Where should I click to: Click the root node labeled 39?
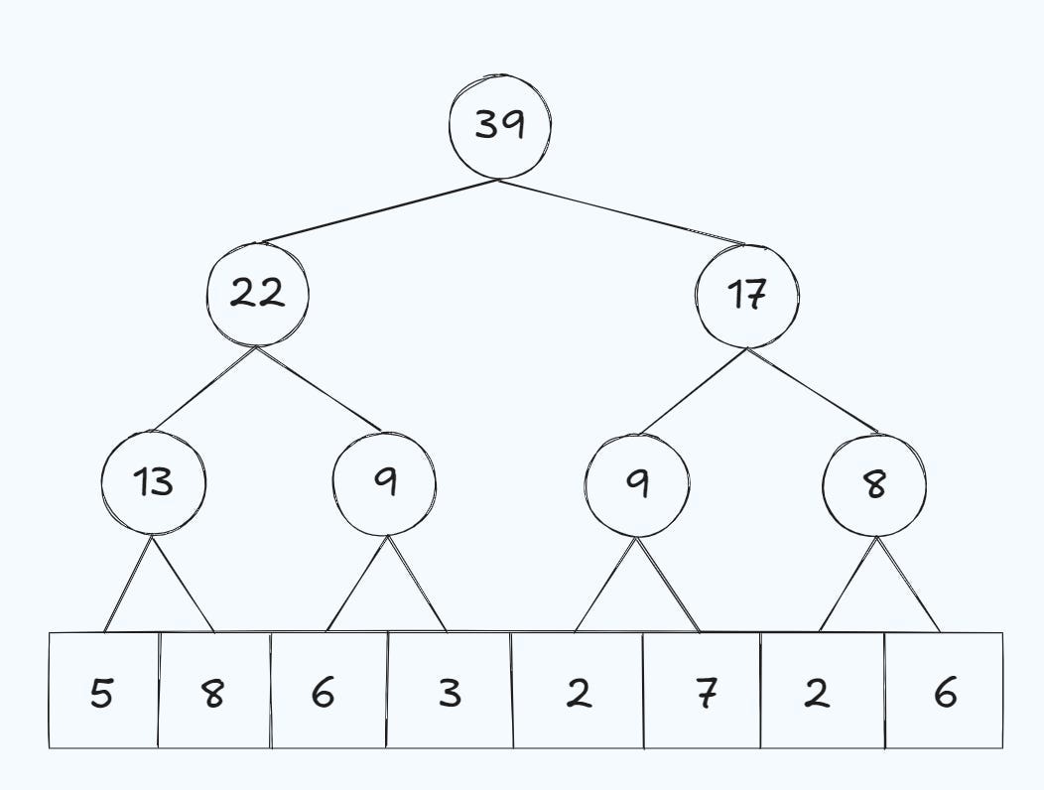pos(499,126)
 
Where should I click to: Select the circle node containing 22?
pos(257,294)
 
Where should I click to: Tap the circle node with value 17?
pos(746,295)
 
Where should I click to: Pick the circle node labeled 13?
pos(153,482)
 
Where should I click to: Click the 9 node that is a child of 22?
pos(384,483)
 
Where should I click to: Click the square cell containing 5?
pos(103,691)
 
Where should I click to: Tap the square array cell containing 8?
pos(213,691)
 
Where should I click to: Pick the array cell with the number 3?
pos(449,691)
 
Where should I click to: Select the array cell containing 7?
pos(702,691)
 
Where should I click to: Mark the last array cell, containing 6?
pos(944,691)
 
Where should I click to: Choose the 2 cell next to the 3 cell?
pos(578,691)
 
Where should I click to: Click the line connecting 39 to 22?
pos(377,211)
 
